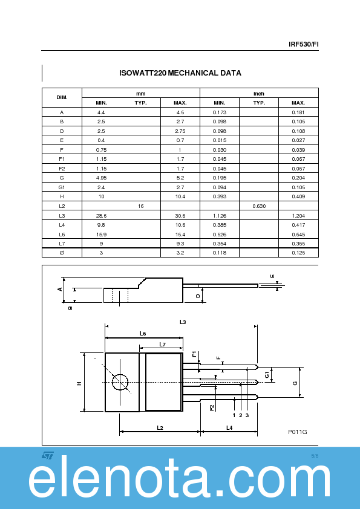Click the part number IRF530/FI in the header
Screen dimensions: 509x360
(x=303, y=44)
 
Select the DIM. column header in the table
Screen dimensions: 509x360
(x=62, y=97)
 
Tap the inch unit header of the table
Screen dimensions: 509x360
(x=258, y=94)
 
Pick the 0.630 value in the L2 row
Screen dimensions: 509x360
(x=258, y=206)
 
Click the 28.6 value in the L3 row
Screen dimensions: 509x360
(x=101, y=216)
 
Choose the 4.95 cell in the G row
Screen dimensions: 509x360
(x=101, y=178)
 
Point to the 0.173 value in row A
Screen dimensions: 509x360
(x=219, y=112)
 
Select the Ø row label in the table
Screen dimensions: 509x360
(x=62, y=253)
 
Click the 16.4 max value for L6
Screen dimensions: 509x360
(x=180, y=234)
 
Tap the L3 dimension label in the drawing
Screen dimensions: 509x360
(x=182, y=322)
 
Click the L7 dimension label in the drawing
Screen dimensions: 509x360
(x=162, y=344)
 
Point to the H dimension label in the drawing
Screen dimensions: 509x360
(x=79, y=383)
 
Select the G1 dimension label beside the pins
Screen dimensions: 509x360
(x=267, y=375)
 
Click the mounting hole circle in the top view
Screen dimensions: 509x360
(x=120, y=382)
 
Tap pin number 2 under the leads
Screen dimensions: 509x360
(x=240, y=415)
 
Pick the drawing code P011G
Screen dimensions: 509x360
(x=297, y=432)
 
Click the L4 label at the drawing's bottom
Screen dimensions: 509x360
(x=229, y=427)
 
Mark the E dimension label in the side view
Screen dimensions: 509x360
(x=272, y=276)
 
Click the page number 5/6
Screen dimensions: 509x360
(x=314, y=455)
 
